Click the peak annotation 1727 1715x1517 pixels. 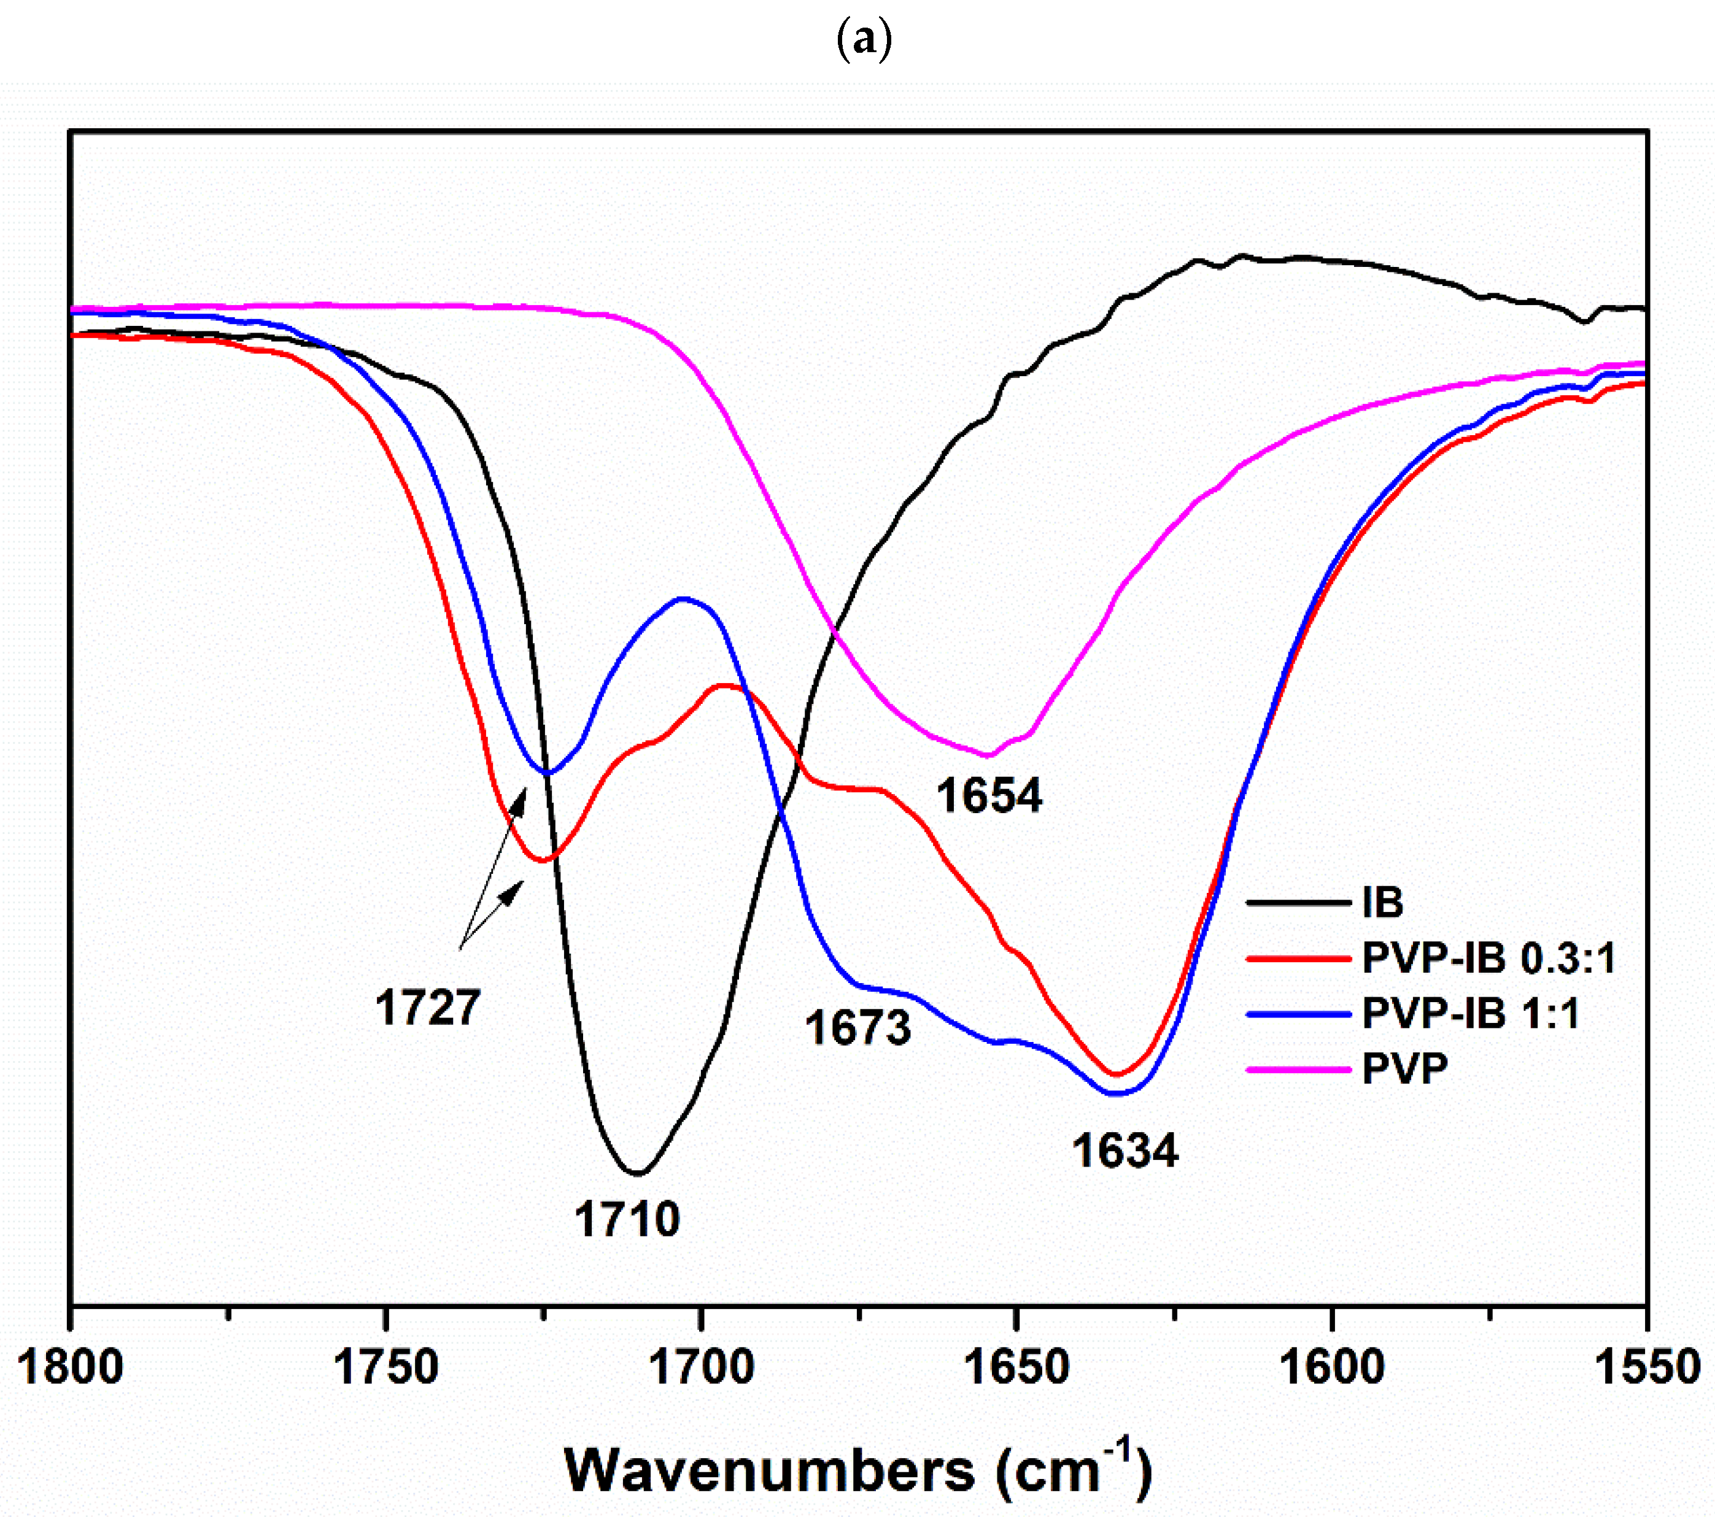pyautogui.click(x=428, y=1008)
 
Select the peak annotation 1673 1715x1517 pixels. pyautogui.click(x=858, y=1027)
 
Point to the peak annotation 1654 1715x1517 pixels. pyautogui.click(x=989, y=795)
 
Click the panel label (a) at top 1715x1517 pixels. pyautogui.click(x=864, y=39)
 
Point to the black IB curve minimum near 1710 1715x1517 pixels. pyautogui.click(x=638, y=1172)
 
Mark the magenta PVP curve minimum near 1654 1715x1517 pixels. pyautogui.click(x=988, y=756)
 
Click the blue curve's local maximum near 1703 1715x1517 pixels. pyautogui.click(x=683, y=598)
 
